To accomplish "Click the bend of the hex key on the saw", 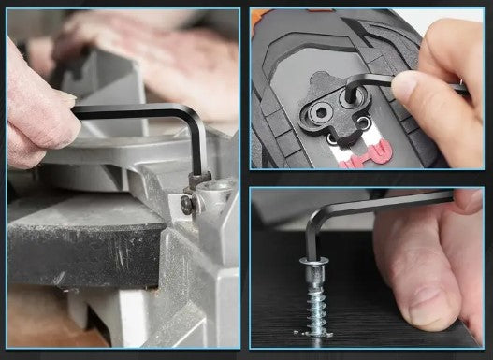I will pos(191,117).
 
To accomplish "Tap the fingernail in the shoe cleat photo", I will pos(405,84).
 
